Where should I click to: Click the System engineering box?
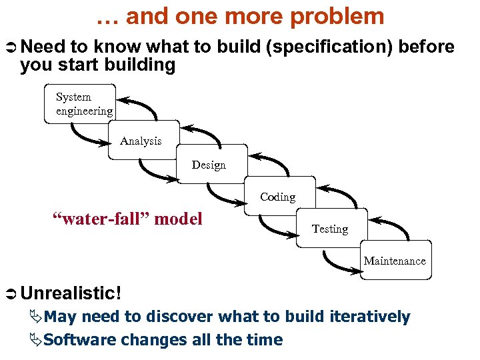[80, 104]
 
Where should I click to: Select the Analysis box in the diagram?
[143, 140]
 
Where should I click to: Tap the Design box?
[211, 164]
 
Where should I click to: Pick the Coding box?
[279, 196]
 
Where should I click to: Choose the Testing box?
[331, 229]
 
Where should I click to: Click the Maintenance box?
[394, 260]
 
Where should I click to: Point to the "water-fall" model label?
[127, 219]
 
